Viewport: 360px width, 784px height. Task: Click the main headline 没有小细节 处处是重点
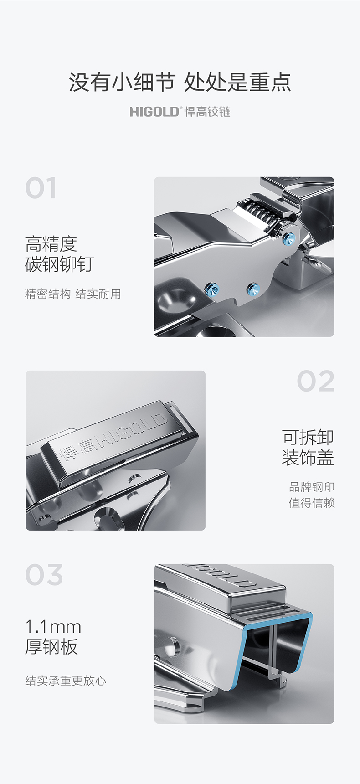coord(180,83)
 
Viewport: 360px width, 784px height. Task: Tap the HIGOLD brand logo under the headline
coord(180,112)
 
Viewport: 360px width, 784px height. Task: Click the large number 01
coord(41,188)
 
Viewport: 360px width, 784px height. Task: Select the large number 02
coord(316,382)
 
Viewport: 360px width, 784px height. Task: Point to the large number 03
coord(44,575)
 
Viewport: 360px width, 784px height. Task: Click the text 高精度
coord(51,245)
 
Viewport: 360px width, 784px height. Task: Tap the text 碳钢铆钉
coord(60,264)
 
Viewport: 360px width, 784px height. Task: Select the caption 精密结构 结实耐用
coord(73,294)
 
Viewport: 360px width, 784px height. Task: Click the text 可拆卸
coord(308,437)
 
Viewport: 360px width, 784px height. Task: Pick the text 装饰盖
coord(308,457)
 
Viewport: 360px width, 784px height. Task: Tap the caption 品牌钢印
coord(312,487)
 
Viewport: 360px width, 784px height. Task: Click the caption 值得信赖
coord(312,503)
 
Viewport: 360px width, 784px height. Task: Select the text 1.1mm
coord(53,628)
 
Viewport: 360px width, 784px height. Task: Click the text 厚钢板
coord(51,647)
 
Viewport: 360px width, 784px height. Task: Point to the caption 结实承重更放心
coord(66,681)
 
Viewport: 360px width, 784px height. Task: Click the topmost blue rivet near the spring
coord(289,237)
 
